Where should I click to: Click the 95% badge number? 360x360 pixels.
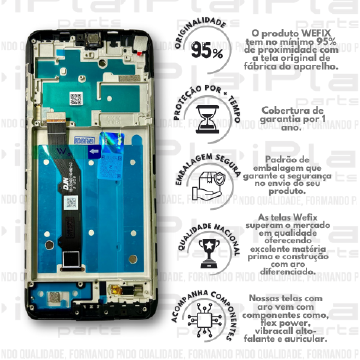tap(206, 53)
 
